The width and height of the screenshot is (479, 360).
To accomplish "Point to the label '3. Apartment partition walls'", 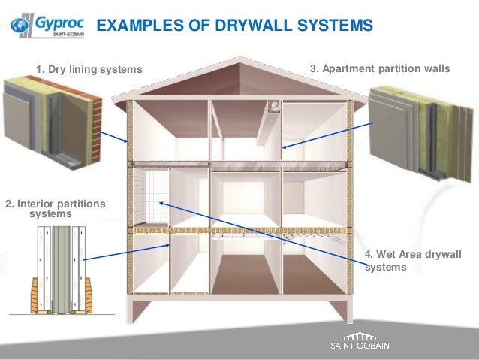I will pyautogui.click(x=380, y=68).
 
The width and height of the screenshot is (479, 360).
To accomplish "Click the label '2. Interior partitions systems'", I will pyautogui.click(x=55, y=208).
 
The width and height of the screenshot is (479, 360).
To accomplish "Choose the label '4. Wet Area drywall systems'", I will pyautogui.click(x=412, y=259).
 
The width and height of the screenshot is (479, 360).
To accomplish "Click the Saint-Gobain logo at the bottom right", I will pyautogui.click(x=365, y=341).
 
